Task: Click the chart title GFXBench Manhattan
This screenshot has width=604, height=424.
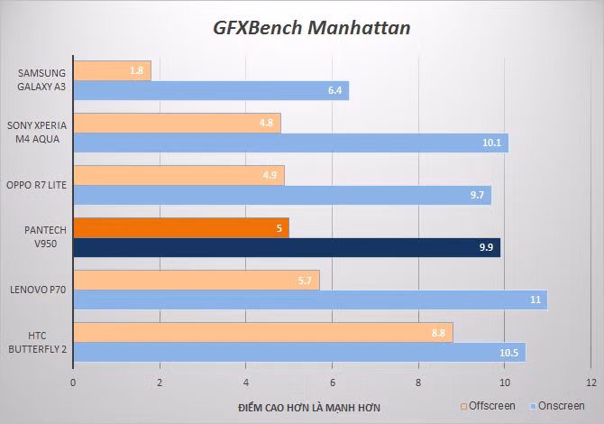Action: point(311,28)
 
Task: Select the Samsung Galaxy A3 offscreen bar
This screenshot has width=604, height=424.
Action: point(112,70)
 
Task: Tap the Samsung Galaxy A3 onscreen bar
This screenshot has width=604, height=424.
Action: point(210,90)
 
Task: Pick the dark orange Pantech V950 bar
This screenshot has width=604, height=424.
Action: point(180,228)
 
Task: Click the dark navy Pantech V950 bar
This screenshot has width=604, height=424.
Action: point(286,248)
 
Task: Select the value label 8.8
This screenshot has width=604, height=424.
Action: point(439,333)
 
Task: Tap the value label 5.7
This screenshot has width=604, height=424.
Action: point(306,281)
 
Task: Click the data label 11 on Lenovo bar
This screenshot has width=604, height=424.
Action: point(535,300)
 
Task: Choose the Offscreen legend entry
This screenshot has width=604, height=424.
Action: point(490,406)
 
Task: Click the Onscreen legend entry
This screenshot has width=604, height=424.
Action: point(555,406)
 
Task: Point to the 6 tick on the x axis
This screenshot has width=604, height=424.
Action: point(333,383)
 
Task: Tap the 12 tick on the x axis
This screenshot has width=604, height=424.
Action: point(590,383)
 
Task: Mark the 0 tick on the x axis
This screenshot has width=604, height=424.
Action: point(73,383)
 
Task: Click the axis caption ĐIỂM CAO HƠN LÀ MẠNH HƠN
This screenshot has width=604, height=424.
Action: point(309,408)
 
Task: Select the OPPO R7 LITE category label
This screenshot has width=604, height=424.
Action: point(37,185)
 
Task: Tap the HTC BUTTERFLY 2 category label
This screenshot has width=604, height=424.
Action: point(37,342)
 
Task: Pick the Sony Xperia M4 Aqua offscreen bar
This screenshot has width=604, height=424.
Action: point(177,123)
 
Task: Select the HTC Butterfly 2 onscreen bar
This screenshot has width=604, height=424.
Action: point(298,353)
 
